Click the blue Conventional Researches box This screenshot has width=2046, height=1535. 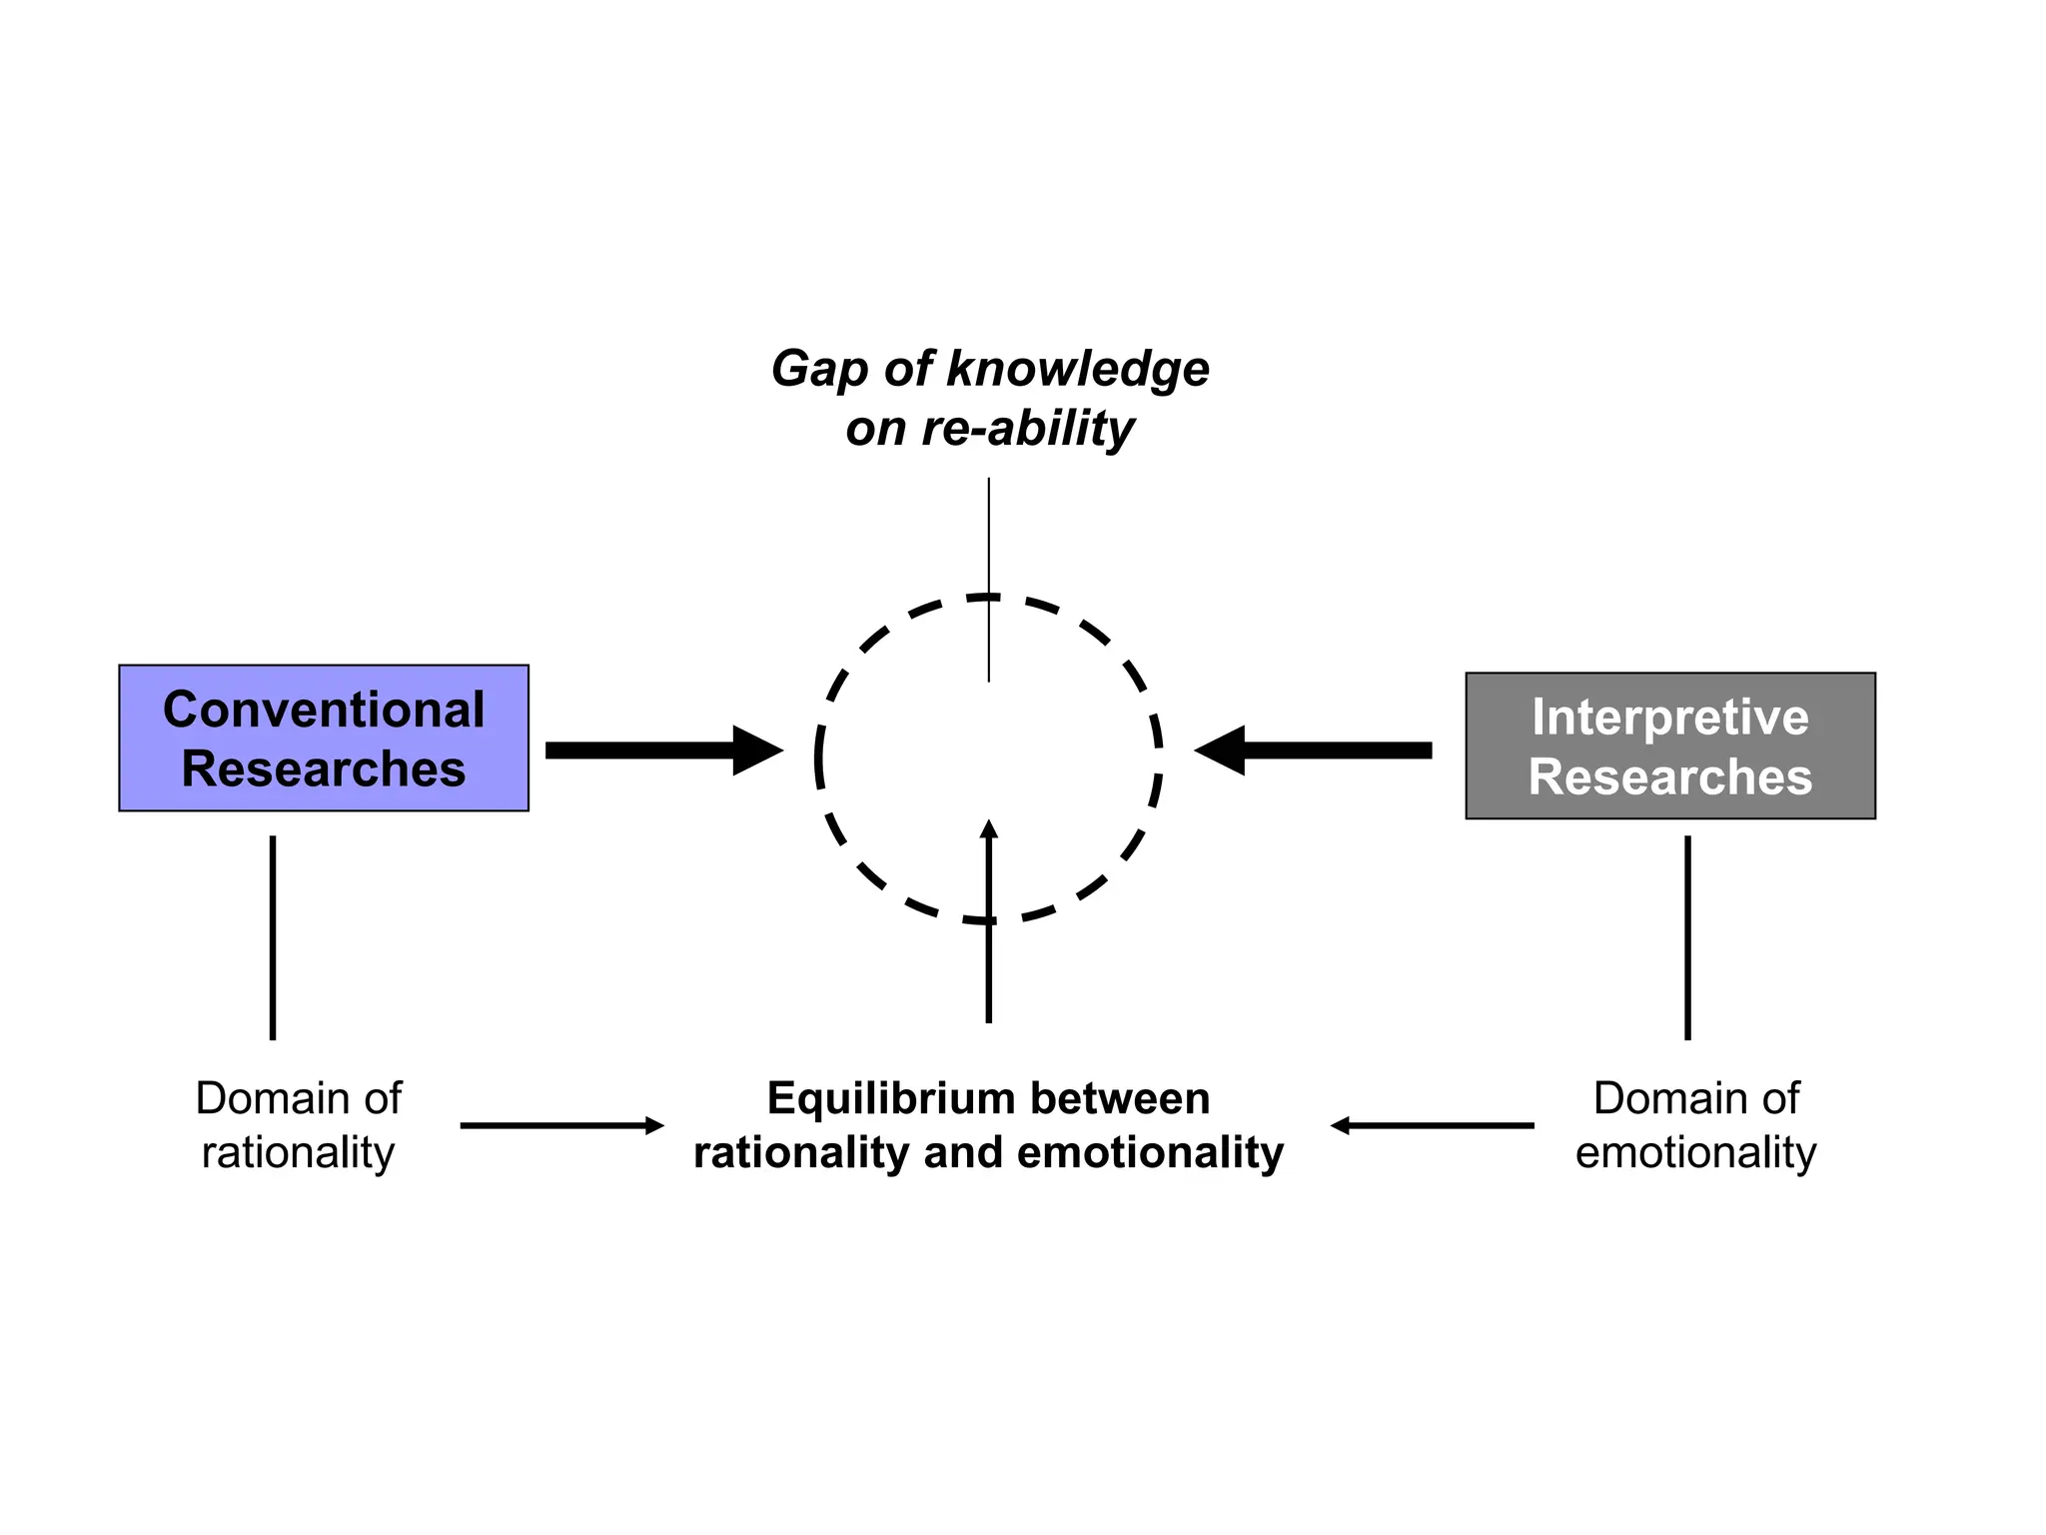click(x=323, y=738)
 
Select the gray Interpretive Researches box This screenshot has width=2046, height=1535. click(x=1669, y=746)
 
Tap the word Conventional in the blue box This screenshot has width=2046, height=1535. click(x=323, y=710)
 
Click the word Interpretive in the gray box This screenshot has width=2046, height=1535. click(x=1669, y=717)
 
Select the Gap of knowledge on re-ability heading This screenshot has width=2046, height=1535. click(x=989, y=398)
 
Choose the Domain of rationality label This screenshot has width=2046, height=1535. click(x=298, y=1125)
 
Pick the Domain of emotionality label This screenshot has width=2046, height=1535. click(x=1695, y=1125)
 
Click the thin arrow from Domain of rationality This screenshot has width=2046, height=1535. click(x=559, y=1125)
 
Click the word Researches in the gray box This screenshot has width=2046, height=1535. click(x=1669, y=776)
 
